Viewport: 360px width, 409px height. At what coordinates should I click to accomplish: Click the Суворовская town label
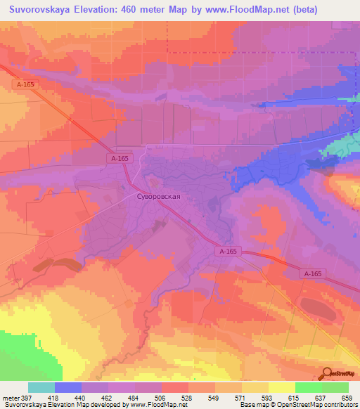pyautogui.click(x=158, y=197)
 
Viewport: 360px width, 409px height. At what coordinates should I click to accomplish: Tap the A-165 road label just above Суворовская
pyautogui.click(x=119, y=160)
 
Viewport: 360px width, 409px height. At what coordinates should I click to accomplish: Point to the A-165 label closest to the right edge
pyautogui.click(x=313, y=273)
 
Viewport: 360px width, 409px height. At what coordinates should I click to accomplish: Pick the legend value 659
pyautogui.click(x=347, y=398)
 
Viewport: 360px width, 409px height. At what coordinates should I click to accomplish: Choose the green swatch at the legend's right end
pyautogui.click(x=335, y=387)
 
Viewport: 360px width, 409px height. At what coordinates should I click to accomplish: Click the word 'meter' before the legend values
pyautogui.click(x=11, y=398)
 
